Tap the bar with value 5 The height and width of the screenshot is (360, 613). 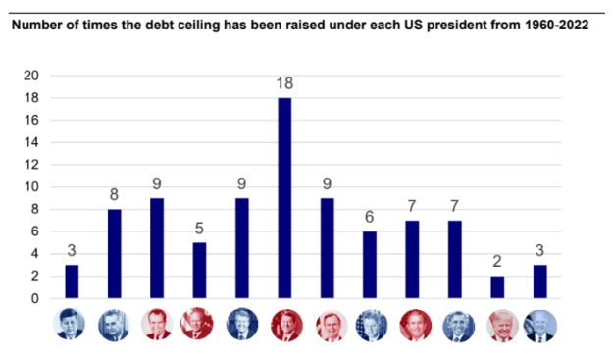(199, 271)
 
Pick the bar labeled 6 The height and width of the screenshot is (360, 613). (370, 265)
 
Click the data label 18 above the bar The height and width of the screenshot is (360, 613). (284, 84)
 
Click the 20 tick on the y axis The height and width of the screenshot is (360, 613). (32, 76)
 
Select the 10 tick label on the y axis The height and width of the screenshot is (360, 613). (32, 187)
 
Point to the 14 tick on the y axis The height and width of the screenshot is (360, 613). (32, 142)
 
